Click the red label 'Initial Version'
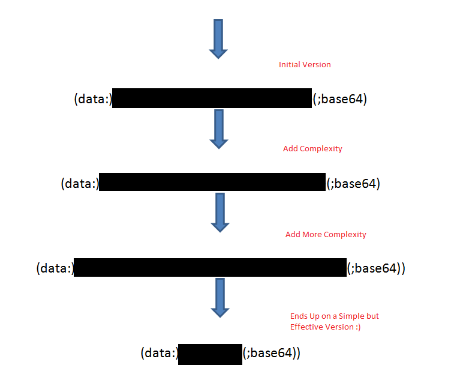point(305,64)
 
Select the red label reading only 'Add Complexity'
point(312,148)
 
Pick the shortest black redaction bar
point(210,354)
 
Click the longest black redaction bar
point(210,268)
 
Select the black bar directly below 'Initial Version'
point(212,98)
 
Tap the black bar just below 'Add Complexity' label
point(212,182)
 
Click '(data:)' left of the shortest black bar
point(160,354)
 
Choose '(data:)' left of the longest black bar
point(55,268)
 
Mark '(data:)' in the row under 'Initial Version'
point(93,99)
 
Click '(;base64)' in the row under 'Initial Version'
point(340,99)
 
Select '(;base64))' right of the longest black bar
point(377,268)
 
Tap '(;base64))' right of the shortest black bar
point(271,354)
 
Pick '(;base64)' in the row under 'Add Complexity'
point(353,183)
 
